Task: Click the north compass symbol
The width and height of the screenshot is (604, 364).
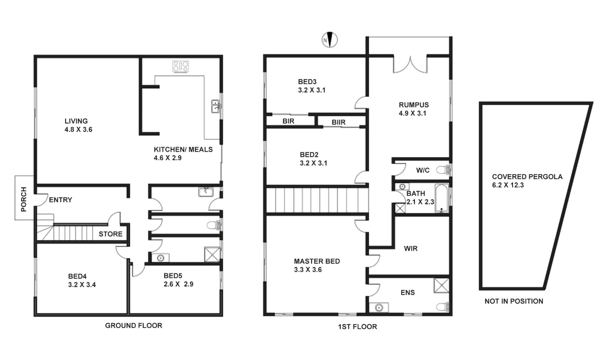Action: tap(330, 40)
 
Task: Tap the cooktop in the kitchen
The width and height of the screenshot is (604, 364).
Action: tap(180, 66)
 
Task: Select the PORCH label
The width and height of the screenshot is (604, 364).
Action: tap(24, 199)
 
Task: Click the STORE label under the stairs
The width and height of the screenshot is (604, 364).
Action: tap(111, 234)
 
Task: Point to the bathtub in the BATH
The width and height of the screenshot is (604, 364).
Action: tap(441, 198)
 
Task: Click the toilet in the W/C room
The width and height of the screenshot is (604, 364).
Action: tap(443, 170)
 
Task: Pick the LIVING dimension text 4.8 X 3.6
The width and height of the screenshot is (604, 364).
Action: tap(79, 130)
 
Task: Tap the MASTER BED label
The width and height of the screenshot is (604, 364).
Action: tap(317, 261)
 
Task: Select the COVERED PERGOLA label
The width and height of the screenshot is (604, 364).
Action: tap(527, 177)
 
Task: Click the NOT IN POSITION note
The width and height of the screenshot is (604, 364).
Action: tap(514, 301)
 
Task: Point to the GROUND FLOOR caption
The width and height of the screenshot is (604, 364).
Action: tap(134, 326)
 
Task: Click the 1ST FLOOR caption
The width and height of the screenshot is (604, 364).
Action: tap(357, 327)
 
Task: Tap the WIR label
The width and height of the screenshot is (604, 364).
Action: tap(411, 248)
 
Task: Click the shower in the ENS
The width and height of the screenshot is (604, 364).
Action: tap(441, 285)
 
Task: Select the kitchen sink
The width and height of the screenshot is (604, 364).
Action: tap(215, 106)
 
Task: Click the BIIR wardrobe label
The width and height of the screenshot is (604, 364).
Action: tap(338, 122)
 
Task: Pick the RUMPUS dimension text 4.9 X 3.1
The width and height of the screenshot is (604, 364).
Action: tap(413, 114)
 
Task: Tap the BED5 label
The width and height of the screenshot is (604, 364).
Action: tap(173, 276)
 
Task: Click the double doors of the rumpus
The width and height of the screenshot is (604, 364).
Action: tap(410, 65)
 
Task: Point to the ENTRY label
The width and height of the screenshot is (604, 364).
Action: tap(60, 200)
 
